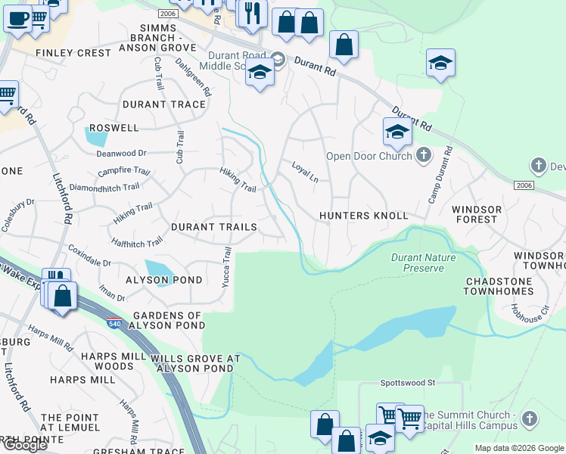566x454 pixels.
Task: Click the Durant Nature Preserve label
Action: pos(418,263)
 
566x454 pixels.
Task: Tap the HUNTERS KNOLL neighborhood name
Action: pos(363,216)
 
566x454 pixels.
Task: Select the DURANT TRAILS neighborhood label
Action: pos(213,227)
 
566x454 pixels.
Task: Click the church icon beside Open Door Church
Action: pos(424,157)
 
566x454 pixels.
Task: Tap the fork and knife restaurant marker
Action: pos(252,13)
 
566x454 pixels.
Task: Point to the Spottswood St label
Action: pos(408,383)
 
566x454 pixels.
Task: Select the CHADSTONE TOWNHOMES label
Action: pos(499,286)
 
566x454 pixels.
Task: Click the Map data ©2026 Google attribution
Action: pos(519,448)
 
